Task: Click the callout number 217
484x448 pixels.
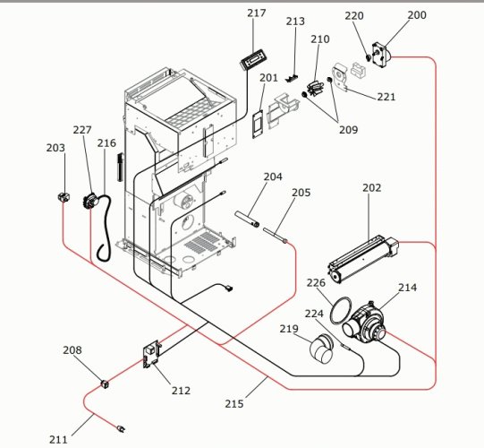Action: (x=256, y=13)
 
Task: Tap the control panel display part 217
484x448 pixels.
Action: (x=253, y=60)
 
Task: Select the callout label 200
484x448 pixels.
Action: (x=417, y=15)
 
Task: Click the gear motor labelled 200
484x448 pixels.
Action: (x=382, y=54)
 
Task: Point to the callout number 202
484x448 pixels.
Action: (x=371, y=187)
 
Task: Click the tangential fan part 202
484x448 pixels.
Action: (x=363, y=259)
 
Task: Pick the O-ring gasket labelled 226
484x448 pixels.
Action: (x=341, y=310)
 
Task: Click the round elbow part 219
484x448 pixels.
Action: (x=322, y=349)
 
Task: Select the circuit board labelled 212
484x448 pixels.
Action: (x=151, y=354)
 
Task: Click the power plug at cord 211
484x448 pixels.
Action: (x=121, y=429)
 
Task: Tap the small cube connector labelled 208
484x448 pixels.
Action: (x=105, y=384)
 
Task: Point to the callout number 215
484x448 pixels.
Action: (x=234, y=403)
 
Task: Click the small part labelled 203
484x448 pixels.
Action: (x=64, y=197)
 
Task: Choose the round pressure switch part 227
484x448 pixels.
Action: (x=89, y=202)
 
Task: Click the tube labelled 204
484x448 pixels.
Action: (x=247, y=219)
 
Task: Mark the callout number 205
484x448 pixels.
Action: (x=301, y=193)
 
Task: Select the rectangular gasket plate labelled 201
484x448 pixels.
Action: (x=258, y=124)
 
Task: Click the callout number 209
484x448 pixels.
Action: (x=348, y=130)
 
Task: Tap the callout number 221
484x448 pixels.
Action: (x=386, y=97)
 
